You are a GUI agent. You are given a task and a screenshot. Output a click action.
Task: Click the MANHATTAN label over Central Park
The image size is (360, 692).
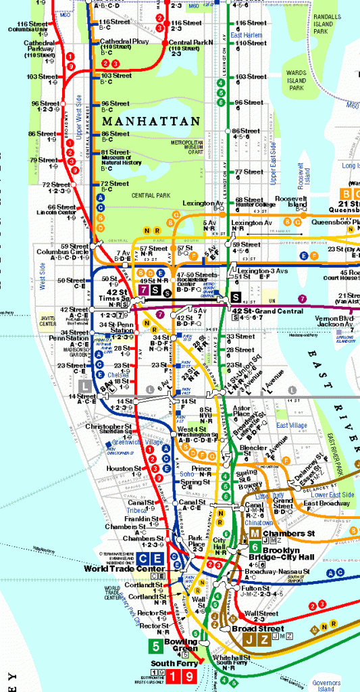(151, 121)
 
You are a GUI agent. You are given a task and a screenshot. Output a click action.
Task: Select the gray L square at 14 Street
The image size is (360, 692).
(85, 385)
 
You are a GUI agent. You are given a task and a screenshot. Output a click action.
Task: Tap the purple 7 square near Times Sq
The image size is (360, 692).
(143, 290)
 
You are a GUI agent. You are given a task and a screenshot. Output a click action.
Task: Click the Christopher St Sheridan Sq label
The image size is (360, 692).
(109, 429)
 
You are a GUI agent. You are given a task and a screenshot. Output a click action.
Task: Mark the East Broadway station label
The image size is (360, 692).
(326, 504)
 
